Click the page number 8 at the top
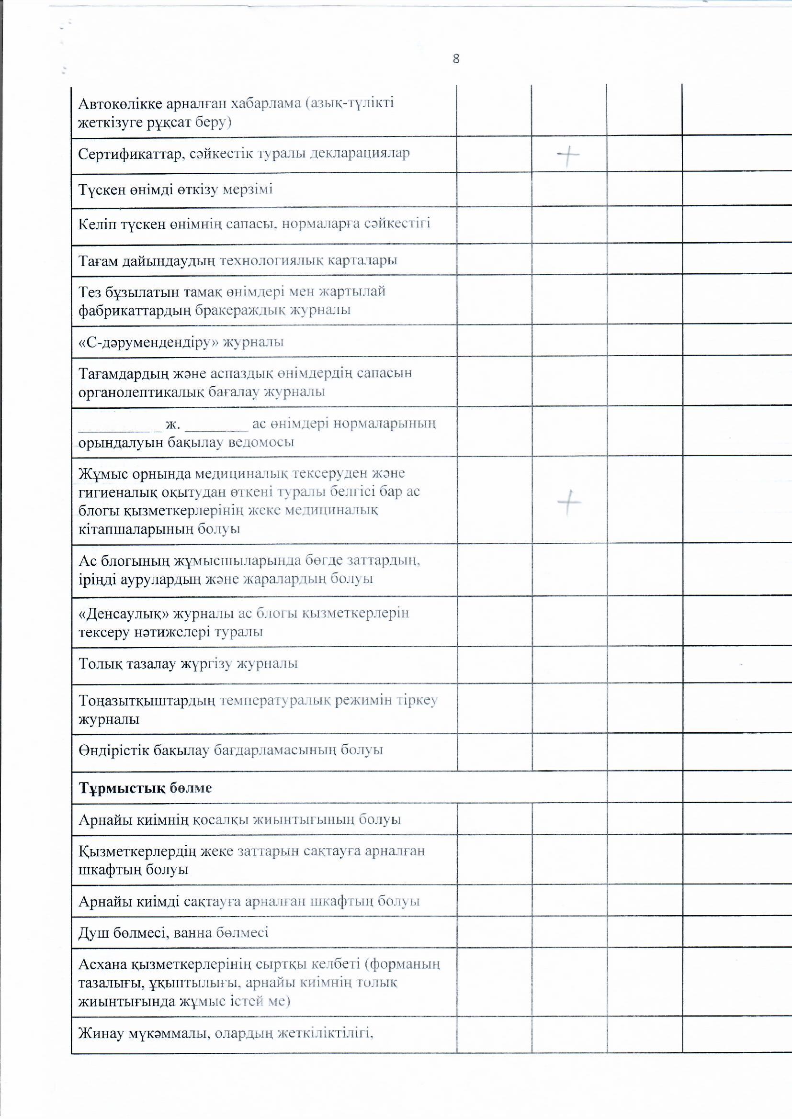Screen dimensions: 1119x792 [456, 59]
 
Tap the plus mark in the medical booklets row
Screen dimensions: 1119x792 [569, 502]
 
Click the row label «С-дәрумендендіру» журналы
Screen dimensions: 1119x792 [181, 342]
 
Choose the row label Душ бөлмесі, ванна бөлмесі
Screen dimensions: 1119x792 [173, 932]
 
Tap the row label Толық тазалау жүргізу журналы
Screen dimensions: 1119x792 [188, 664]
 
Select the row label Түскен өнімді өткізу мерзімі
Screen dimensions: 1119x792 [175, 189]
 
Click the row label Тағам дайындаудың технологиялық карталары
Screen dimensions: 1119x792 [238, 260]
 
